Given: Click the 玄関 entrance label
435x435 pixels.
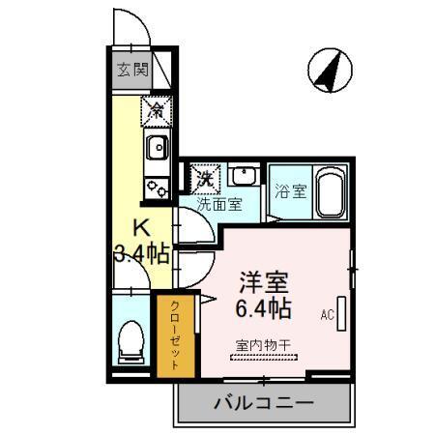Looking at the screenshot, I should (133, 70).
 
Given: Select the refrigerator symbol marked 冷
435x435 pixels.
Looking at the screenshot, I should (155, 111).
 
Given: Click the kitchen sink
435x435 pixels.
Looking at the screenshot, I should (156, 148).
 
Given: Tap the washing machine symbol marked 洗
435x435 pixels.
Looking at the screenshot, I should (205, 179).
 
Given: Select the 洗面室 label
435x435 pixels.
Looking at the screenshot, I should (218, 204).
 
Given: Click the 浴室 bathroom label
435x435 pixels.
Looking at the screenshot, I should (290, 190).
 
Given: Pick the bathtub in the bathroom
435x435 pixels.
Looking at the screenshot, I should (332, 191).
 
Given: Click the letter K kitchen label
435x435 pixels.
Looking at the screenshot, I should (141, 229).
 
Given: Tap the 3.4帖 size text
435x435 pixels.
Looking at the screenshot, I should (141, 255).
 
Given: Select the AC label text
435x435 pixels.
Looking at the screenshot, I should (326, 314).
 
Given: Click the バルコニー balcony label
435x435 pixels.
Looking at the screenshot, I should (262, 402).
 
